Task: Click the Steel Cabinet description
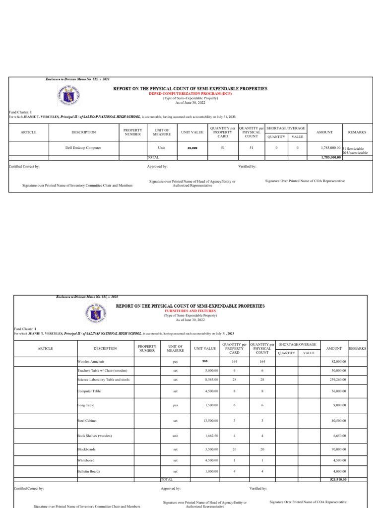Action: coord(87,420)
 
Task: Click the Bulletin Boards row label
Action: coord(89,471)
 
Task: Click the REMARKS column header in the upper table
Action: coord(357,132)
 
